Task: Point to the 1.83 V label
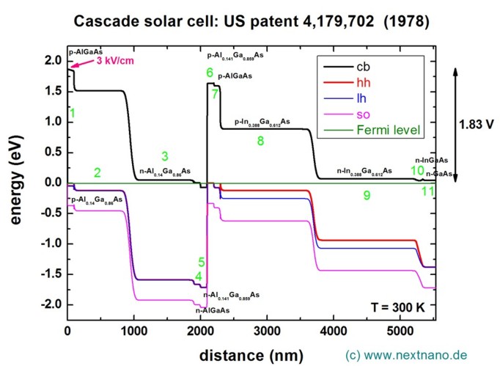(x=476, y=124)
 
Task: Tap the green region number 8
(x=260, y=140)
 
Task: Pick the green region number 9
(x=367, y=195)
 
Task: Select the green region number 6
(x=210, y=73)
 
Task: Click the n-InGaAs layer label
(x=432, y=160)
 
